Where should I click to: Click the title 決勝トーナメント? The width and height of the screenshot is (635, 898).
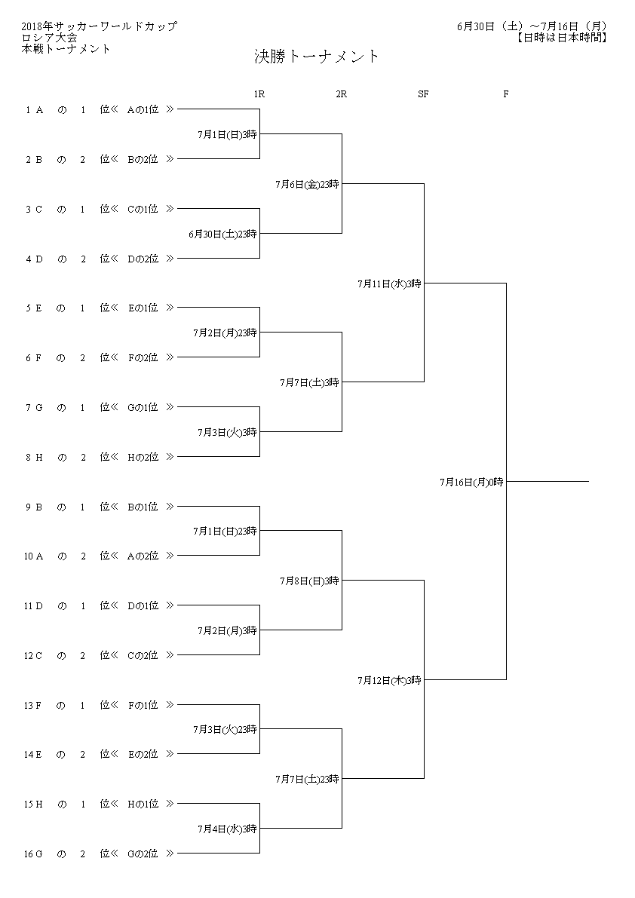click(x=317, y=56)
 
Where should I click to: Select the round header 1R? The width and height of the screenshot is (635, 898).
click(x=259, y=94)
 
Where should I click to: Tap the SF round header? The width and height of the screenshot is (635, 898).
click(x=423, y=94)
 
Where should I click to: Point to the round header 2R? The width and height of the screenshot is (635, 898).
click(x=342, y=94)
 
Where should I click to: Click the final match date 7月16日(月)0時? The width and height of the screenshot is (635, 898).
click(x=472, y=483)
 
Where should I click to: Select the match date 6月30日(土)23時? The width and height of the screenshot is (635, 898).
click(x=222, y=234)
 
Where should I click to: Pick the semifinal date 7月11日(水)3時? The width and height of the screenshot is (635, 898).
click(x=389, y=283)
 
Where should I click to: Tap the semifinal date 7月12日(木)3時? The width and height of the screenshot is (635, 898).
click(x=389, y=680)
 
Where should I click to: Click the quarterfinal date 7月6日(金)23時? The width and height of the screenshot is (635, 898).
click(x=307, y=185)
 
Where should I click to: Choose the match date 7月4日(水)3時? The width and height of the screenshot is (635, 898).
click(x=227, y=829)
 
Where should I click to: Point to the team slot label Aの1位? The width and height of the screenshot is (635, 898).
click(x=143, y=109)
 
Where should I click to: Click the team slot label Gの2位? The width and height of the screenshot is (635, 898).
click(x=143, y=854)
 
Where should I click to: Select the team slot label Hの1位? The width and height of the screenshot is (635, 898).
click(x=143, y=804)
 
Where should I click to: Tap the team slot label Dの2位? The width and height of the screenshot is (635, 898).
click(x=143, y=259)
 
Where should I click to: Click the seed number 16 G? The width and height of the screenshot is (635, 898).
click(x=33, y=854)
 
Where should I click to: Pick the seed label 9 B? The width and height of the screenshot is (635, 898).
click(x=34, y=507)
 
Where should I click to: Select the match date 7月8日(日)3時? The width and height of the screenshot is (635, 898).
click(x=309, y=581)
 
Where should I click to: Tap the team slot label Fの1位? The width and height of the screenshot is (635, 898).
click(x=143, y=705)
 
